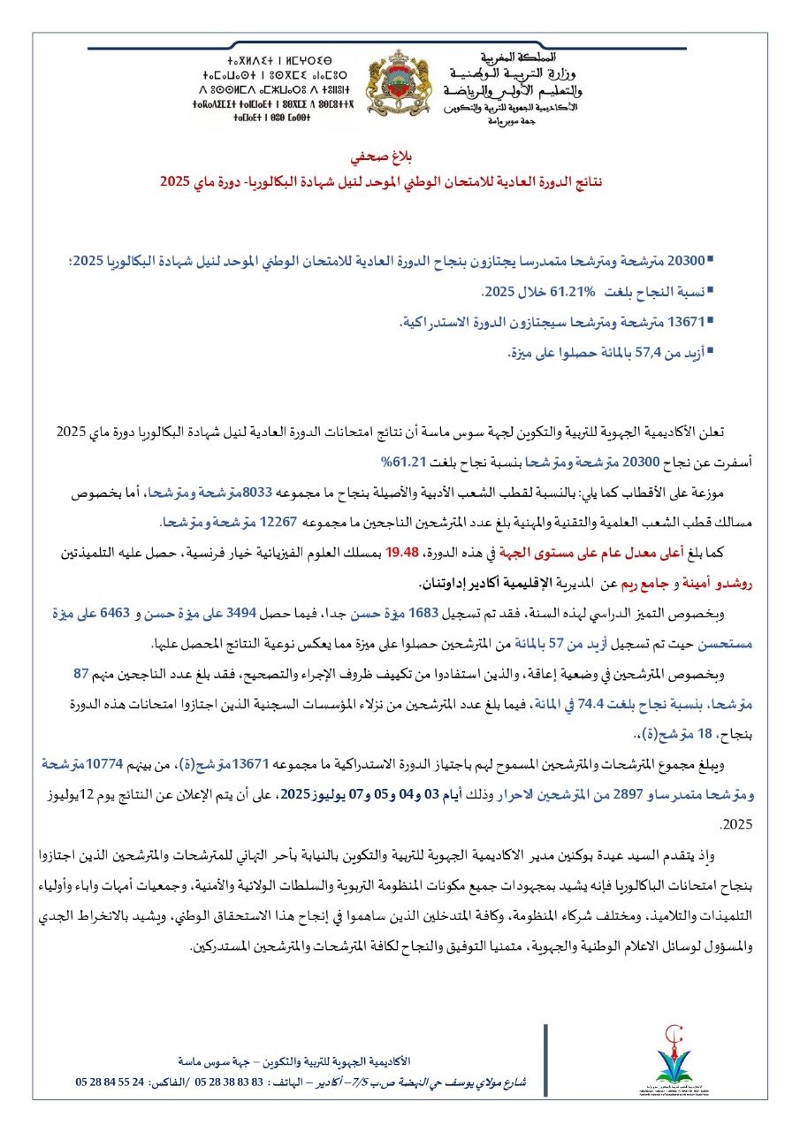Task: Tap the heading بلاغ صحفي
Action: click(401, 162)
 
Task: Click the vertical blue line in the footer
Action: click(545, 1071)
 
